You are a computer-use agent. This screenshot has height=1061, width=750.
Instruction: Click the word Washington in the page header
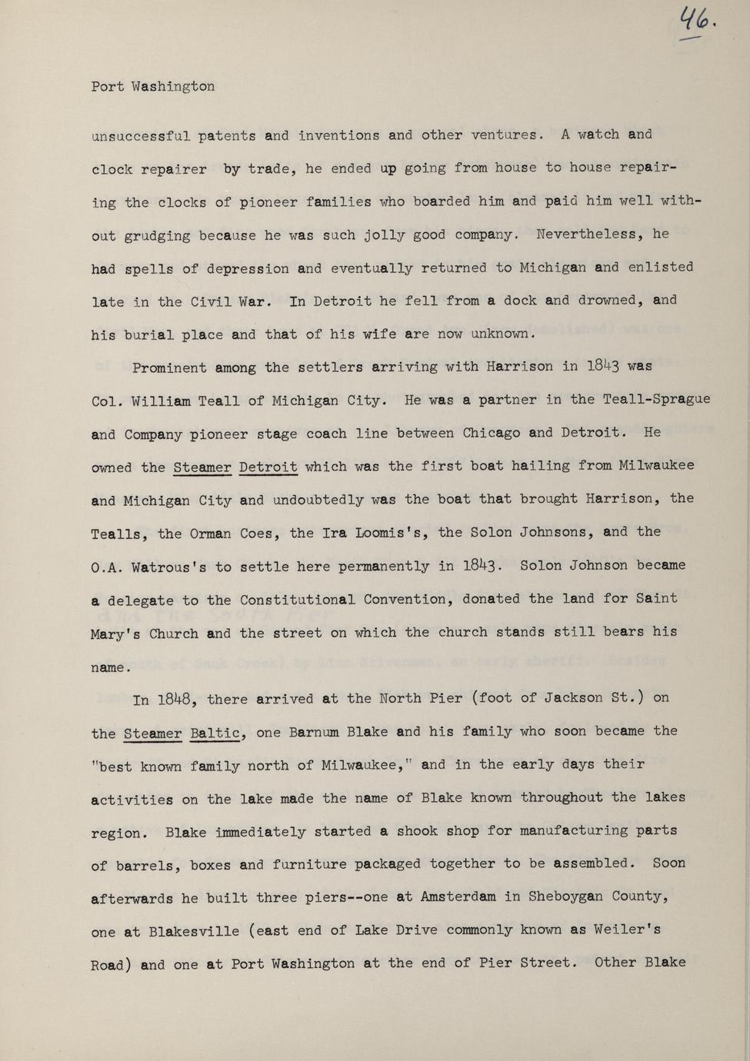173,86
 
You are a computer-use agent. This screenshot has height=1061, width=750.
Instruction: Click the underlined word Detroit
268,466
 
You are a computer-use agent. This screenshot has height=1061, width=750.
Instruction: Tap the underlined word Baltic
217,732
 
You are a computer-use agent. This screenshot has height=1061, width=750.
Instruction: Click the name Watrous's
169,567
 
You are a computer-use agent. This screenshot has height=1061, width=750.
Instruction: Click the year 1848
178,700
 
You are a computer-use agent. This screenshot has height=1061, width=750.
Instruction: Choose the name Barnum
314,732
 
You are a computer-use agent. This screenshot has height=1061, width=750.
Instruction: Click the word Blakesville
194,931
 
